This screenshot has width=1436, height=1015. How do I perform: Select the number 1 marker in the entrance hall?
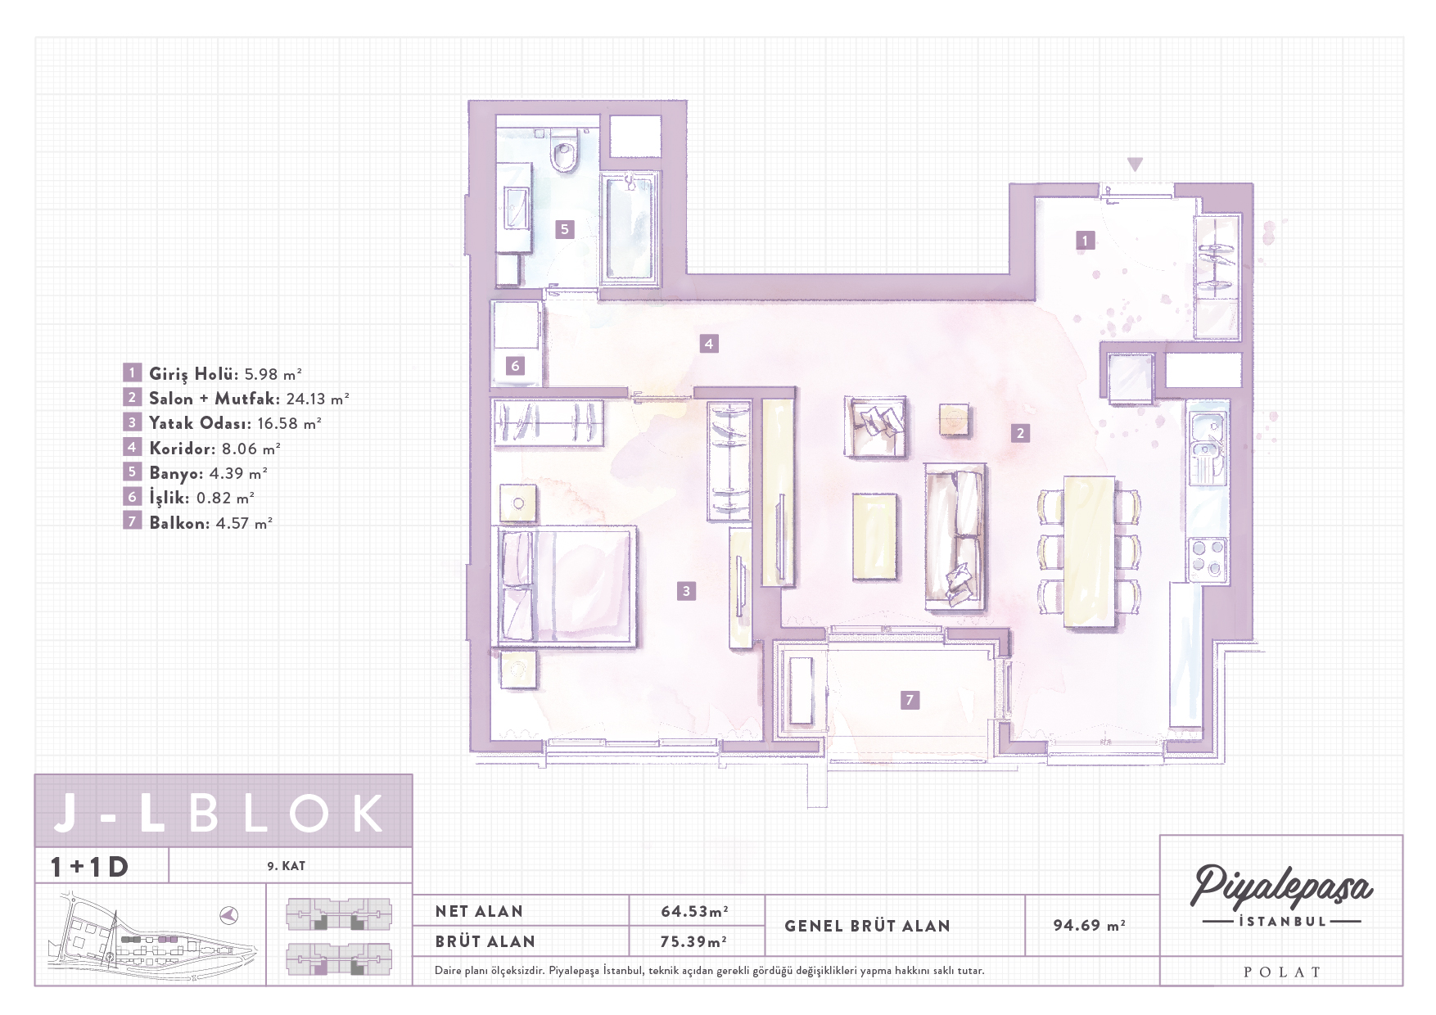(x=1085, y=241)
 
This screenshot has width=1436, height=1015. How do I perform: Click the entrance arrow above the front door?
(x=1135, y=165)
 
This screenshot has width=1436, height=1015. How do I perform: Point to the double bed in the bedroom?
(x=567, y=587)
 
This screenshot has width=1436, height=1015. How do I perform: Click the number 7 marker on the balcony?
(x=909, y=700)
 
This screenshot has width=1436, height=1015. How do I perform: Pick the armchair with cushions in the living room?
(x=875, y=426)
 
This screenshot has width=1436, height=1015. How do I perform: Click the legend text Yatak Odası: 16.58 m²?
(x=235, y=423)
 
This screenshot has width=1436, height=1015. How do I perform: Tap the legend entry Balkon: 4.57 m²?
(x=210, y=522)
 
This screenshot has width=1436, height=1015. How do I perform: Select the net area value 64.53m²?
(x=695, y=911)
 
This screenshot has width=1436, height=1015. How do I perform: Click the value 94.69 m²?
(x=1089, y=926)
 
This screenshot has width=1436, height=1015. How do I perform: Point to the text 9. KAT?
(x=286, y=866)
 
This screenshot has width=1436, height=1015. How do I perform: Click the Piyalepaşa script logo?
(x=1282, y=887)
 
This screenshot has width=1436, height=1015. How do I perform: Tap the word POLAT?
(x=1282, y=972)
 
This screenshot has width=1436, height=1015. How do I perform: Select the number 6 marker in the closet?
(x=515, y=366)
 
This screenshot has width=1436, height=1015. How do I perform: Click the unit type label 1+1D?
(x=89, y=866)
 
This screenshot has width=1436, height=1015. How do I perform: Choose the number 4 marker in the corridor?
(x=709, y=344)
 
